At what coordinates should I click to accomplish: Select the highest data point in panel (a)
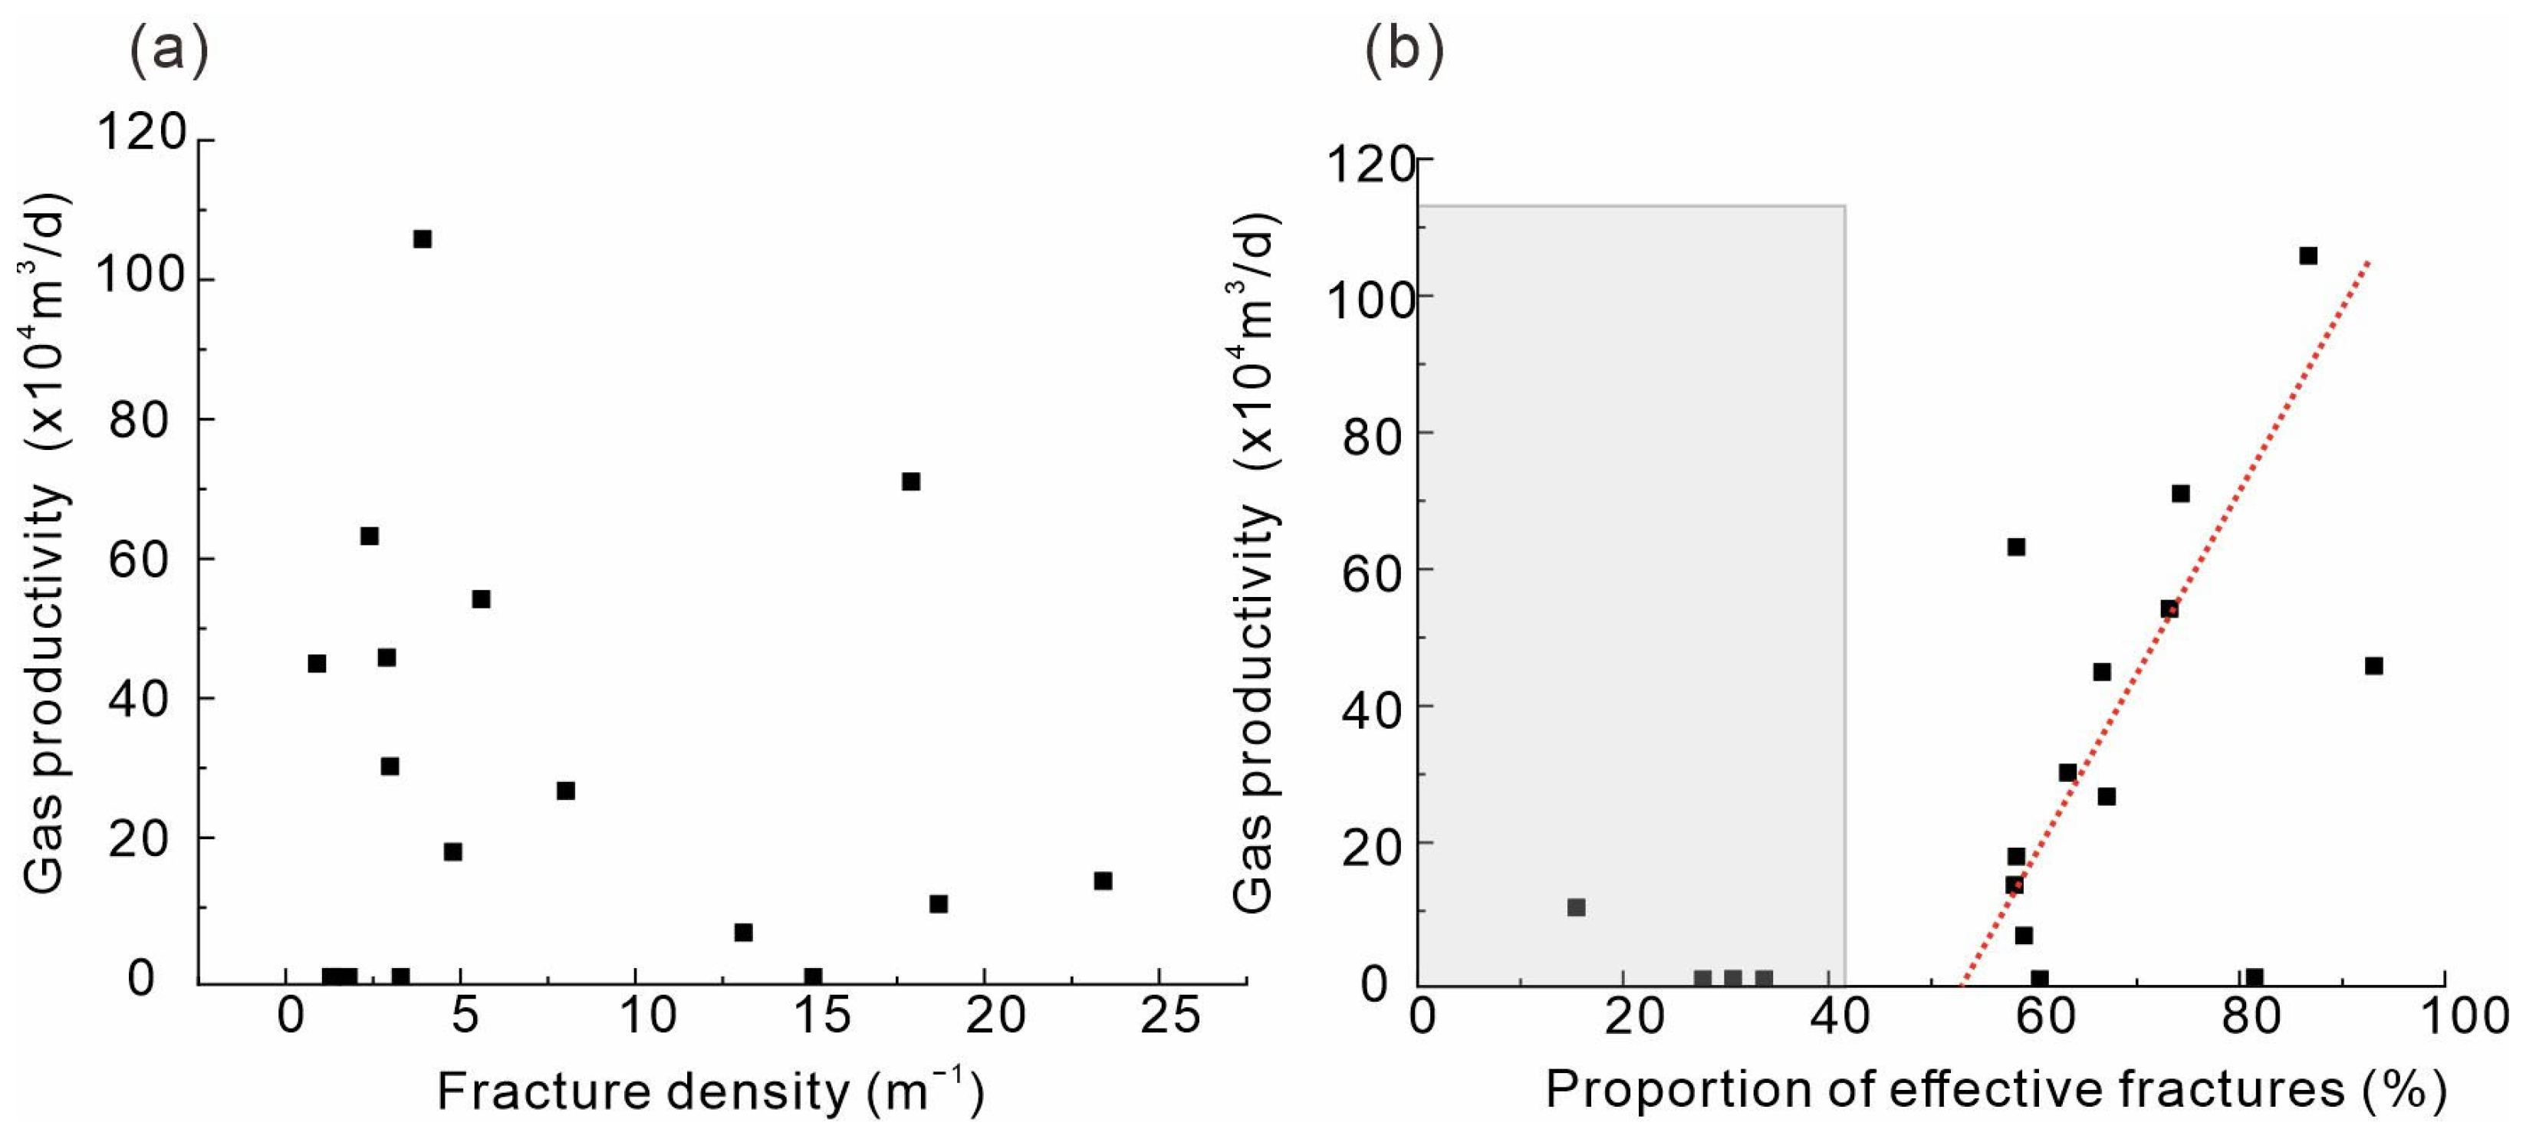tap(423, 239)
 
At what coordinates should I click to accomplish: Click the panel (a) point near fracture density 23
tap(1103, 881)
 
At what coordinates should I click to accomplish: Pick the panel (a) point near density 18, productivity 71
tap(911, 481)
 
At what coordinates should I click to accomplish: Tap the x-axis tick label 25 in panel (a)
tap(1170, 1016)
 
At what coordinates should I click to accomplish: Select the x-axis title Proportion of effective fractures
tap(1995, 1090)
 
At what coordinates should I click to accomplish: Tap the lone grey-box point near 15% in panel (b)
tap(1577, 907)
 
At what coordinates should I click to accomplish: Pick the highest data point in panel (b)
tap(2308, 256)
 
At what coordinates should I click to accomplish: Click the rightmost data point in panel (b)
tap(2374, 665)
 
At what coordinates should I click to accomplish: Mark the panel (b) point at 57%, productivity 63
tap(2016, 547)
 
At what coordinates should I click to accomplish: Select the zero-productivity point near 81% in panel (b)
tap(2255, 977)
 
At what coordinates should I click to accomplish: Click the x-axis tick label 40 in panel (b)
tap(1840, 1016)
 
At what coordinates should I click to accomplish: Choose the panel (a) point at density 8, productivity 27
tap(566, 790)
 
